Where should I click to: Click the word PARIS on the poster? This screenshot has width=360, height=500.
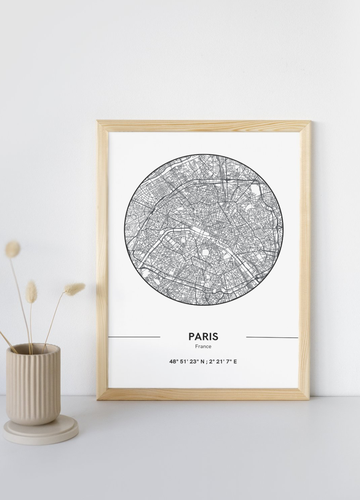click(203, 336)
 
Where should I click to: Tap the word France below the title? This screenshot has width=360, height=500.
click(203, 346)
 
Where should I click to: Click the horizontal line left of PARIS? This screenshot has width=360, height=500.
click(134, 337)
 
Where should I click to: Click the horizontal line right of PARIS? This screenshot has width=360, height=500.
click(272, 337)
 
